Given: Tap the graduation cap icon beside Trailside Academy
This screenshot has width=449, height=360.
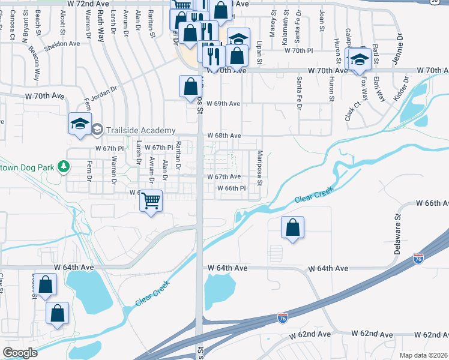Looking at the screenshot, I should (x=79, y=124).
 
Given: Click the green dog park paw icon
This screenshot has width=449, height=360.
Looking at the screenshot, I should (x=63, y=166).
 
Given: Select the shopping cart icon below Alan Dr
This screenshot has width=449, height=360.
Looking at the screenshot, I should (x=151, y=200).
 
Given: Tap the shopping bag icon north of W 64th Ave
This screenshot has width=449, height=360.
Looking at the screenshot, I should (x=292, y=228).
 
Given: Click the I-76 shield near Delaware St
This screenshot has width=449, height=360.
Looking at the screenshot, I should (x=418, y=259).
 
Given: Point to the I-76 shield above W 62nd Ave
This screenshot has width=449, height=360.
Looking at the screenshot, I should (x=282, y=316).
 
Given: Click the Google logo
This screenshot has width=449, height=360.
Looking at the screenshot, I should (x=20, y=353).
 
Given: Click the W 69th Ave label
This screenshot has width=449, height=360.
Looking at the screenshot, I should (x=223, y=104).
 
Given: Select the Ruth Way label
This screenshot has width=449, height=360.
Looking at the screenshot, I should (x=100, y=26).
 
